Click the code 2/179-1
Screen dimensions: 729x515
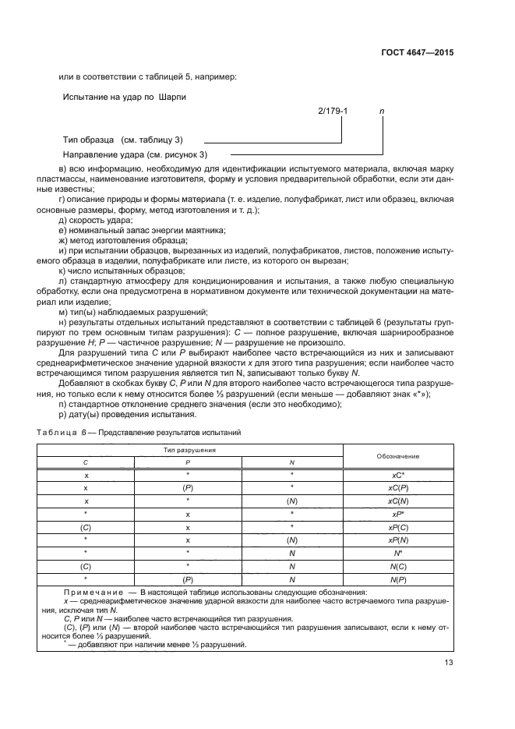(333, 112)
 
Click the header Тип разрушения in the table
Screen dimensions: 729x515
(189, 450)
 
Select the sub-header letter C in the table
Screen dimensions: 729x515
(86, 462)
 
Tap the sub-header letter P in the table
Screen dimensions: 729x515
(188, 462)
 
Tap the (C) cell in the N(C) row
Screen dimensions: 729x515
(86, 566)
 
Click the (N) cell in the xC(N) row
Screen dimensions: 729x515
(292, 501)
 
